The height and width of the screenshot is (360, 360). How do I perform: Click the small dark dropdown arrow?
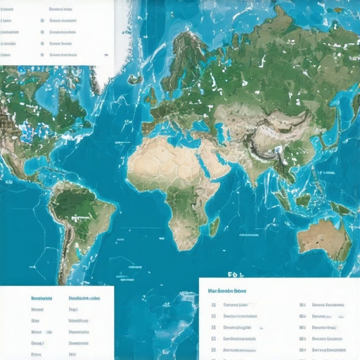[105, 53]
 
